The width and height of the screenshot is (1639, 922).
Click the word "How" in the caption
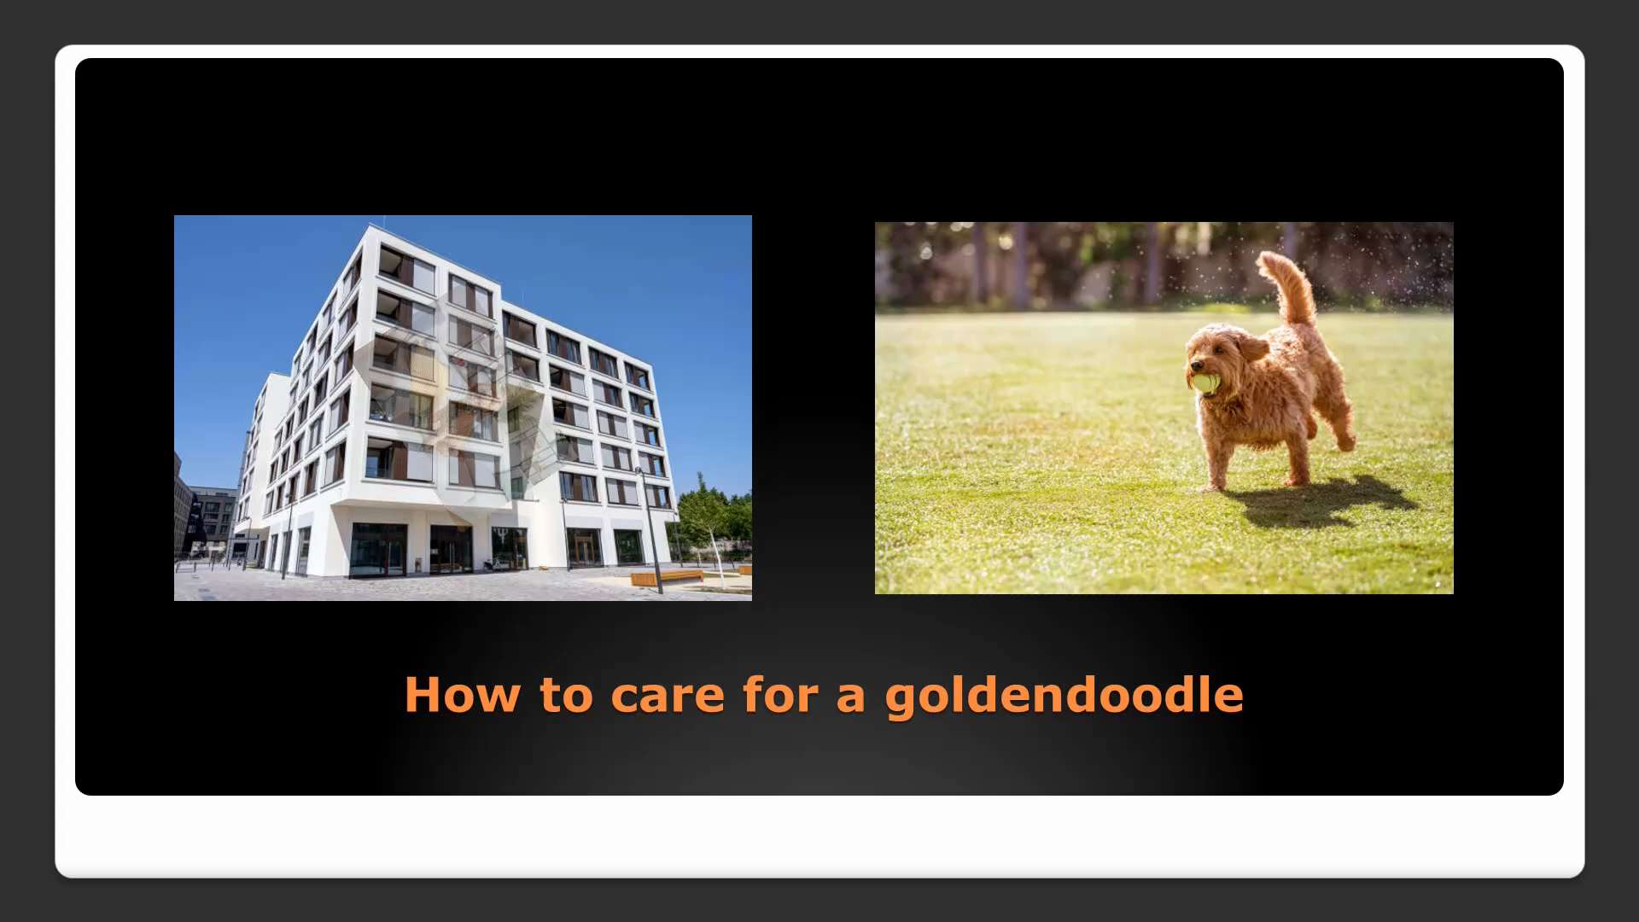pos(462,695)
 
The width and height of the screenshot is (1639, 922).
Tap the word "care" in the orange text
pos(668,695)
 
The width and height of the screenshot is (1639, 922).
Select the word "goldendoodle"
pos(1064,697)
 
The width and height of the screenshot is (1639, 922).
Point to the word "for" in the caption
pos(780,695)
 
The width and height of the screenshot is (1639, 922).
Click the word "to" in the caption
pos(566,695)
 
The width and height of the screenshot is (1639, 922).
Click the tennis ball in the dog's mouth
pos(1205,383)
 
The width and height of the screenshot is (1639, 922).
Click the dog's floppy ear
pos(1251,347)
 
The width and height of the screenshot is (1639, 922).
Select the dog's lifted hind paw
pos(1345,443)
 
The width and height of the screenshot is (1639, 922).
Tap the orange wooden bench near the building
pos(666,577)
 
